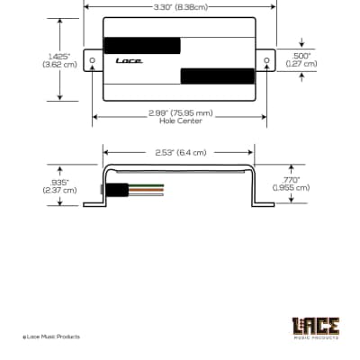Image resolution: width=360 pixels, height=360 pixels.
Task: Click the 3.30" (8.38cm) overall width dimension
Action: (x=181, y=7)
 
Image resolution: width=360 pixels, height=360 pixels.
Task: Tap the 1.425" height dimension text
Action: (x=59, y=60)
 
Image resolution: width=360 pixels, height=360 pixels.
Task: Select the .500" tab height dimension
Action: (x=301, y=59)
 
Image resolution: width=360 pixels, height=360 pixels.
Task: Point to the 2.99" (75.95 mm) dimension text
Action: (x=181, y=113)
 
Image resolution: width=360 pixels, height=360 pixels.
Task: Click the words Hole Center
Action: (x=181, y=121)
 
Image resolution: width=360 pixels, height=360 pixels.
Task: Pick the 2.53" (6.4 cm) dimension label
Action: (x=181, y=153)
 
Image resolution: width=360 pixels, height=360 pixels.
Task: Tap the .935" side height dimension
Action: (x=59, y=186)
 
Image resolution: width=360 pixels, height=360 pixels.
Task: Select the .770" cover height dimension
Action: (x=291, y=184)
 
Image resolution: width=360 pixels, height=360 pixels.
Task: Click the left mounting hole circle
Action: (x=93, y=60)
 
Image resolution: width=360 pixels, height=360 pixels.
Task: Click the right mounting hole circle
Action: (x=266, y=60)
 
